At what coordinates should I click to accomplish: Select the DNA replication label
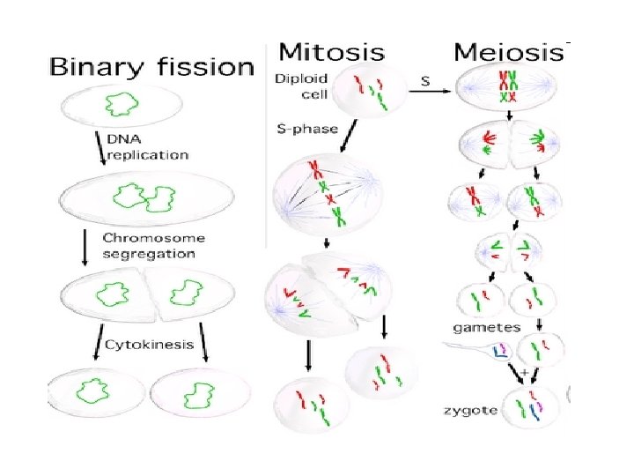[147, 147]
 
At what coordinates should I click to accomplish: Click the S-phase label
[303, 130]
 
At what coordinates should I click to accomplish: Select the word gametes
[486, 327]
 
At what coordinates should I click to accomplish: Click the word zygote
[471, 410]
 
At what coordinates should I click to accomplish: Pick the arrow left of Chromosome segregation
[85, 247]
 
